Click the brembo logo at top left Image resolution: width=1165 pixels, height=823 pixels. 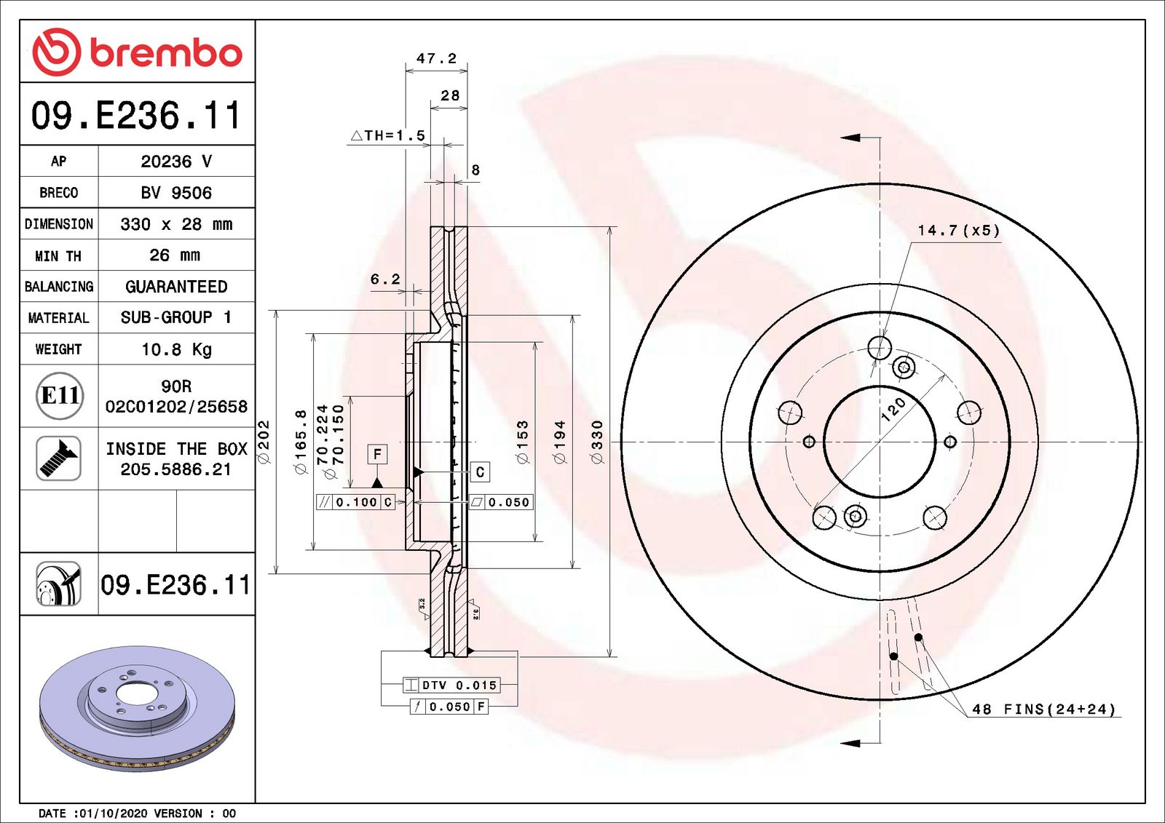[137, 52]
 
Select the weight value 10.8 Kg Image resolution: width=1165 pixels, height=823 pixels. [176, 349]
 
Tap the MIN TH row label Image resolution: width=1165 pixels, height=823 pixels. [58, 256]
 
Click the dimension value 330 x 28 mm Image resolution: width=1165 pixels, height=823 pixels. [176, 224]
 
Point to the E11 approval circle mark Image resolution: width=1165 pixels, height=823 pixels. [60, 396]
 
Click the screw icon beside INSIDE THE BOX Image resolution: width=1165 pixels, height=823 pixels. [58, 458]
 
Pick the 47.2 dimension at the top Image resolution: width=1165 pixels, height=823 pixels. [436, 58]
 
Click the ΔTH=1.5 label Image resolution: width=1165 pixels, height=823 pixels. [388, 135]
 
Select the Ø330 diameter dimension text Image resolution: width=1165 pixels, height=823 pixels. [597, 442]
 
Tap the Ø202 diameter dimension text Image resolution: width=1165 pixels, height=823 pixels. [264, 442]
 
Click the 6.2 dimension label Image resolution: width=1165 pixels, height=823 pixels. [385, 279]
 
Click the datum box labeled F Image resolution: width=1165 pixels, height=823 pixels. [377, 454]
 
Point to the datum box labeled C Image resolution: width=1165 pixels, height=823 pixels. [480, 472]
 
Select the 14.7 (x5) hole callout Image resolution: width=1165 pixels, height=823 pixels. [958, 231]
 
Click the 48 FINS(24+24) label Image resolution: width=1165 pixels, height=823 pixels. [1043, 709]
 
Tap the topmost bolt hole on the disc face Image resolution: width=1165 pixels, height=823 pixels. [880, 348]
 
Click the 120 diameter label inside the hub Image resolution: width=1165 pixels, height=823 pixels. [893, 409]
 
